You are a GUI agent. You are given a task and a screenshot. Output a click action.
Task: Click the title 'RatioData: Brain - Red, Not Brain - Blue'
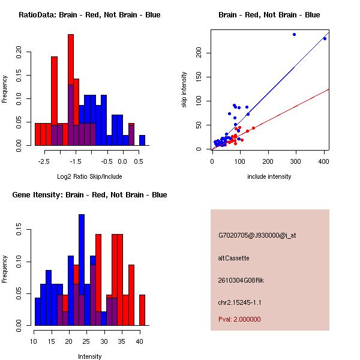89,15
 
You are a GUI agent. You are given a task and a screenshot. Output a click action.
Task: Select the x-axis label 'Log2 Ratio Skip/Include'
89,176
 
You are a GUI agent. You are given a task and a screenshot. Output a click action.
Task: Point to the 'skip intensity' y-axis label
185,90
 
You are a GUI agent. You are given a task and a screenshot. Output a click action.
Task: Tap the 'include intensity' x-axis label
269,176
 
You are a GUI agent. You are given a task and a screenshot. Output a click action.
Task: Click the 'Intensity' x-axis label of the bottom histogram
89,356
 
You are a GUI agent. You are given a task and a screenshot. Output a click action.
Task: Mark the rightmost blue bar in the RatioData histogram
142,140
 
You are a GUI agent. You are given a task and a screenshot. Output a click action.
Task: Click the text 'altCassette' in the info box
233,258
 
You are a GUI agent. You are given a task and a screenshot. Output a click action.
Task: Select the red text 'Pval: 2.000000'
239,319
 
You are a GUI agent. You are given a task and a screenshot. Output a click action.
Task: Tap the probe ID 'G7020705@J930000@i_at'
257,235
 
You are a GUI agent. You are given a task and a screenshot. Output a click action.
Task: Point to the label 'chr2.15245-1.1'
239,302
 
